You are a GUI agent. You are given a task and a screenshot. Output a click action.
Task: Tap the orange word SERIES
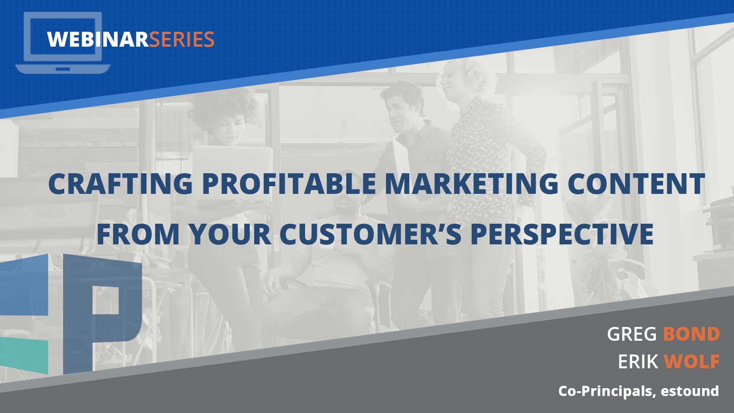pyautogui.click(x=181, y=39)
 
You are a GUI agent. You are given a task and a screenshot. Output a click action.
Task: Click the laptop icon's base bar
pyautogui.click(x=63, y=69)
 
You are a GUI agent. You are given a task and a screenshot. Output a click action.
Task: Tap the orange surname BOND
pyautogui.click(x=691, y=334)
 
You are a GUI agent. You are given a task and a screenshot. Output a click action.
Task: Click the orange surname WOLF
pyautogui.click(x=692, y=361)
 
